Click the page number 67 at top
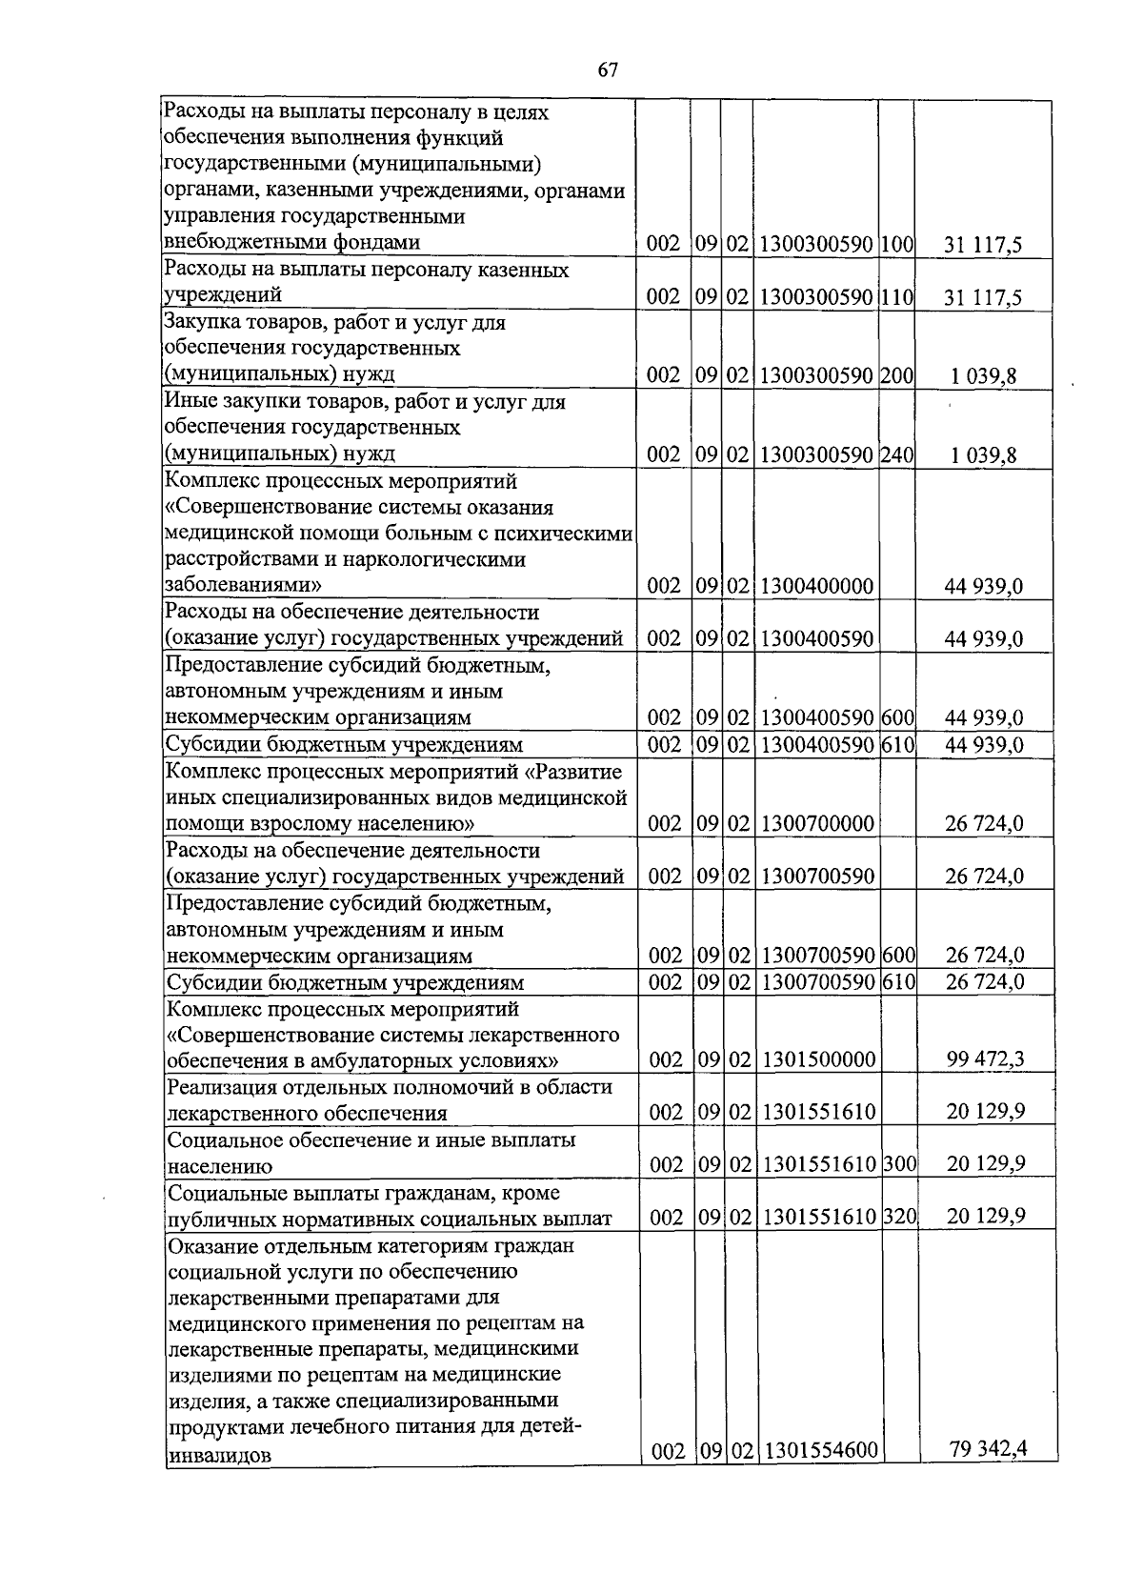click(608, 70)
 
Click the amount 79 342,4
click(989, 1449)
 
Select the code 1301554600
click(820, 1451)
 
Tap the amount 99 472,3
click(986, 1059)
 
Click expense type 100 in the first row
click(897, 244)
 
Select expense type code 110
click(897, 297)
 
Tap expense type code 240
click(897, 454)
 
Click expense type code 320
click(898, 1217)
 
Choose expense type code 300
click(898, 1164)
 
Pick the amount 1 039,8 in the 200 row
click(983, 376)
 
